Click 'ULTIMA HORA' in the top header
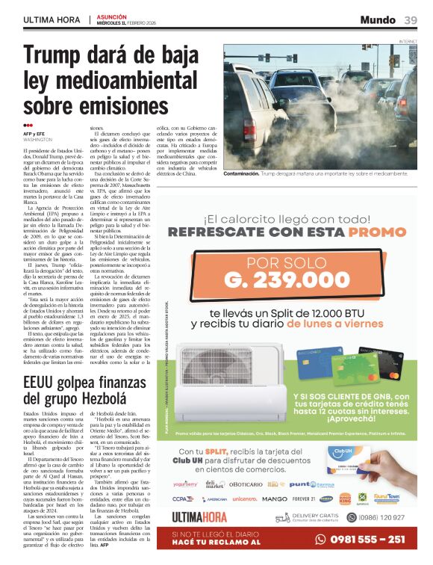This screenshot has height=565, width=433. tap(51, 19)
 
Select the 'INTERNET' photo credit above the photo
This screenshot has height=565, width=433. tap(408, 40)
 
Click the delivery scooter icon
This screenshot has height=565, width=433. tap(283, 517)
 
